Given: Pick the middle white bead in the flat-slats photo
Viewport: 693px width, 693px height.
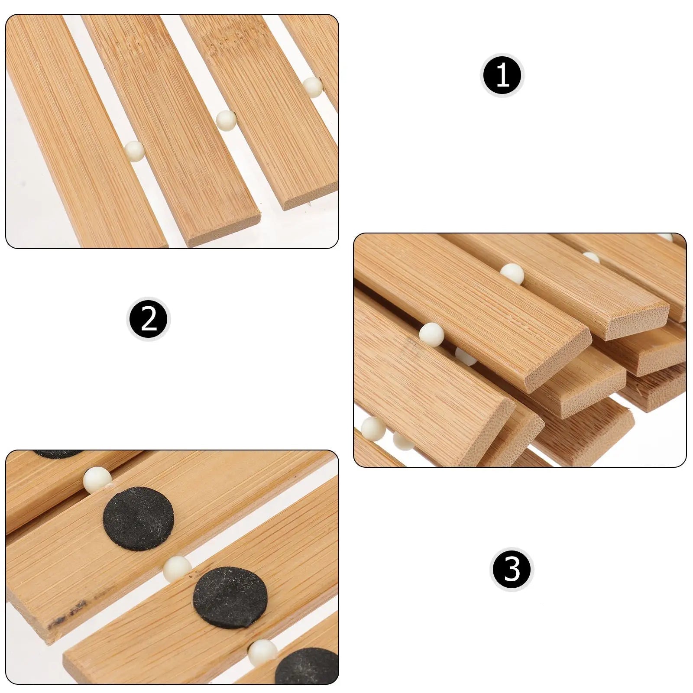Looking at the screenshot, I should (226, 120).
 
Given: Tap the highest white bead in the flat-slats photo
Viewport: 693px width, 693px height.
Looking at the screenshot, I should (312, 87).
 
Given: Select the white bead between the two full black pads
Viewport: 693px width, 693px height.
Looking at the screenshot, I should (177, 569).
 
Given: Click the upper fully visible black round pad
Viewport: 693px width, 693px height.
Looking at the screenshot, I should (139, 518).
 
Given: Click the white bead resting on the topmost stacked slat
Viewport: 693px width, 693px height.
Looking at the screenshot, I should (512, 274).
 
